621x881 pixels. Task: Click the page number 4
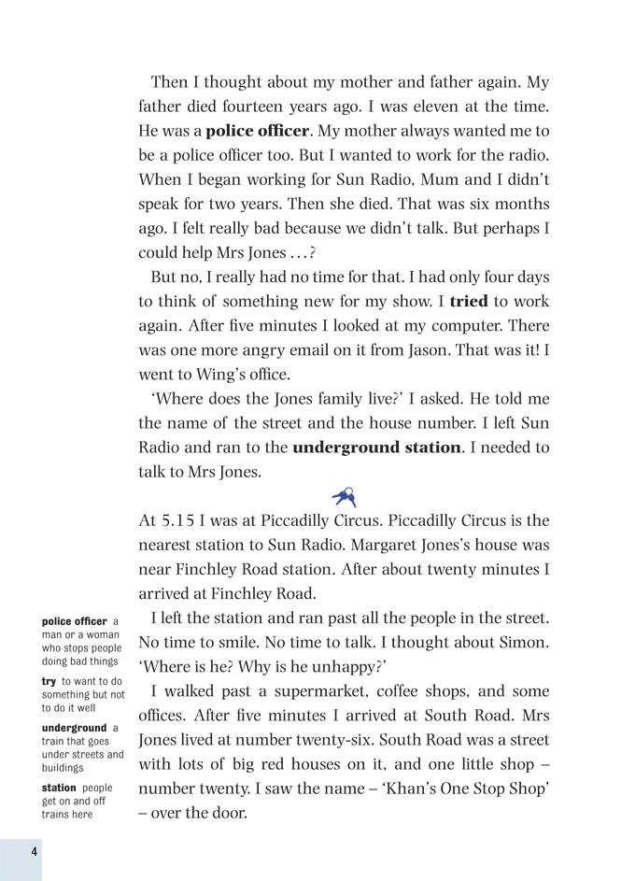pyautogui.click(x=34, y=850)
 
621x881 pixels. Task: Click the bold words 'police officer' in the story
pyautogui.click(x=257, y=131)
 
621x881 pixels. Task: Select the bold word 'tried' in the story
pyautogui.click(x=469, y=302)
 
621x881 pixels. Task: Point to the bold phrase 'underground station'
pyautogui.click(x=376, y=448)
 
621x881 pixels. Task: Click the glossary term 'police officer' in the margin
pyautogui.click(x=75, y=622)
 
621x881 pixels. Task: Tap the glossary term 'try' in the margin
pyautogui.click(x=49, y=682)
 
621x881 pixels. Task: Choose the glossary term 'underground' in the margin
pyautogui.click(x=75, y=729)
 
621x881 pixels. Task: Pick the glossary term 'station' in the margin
pyautogui.click(x=59, y=789)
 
